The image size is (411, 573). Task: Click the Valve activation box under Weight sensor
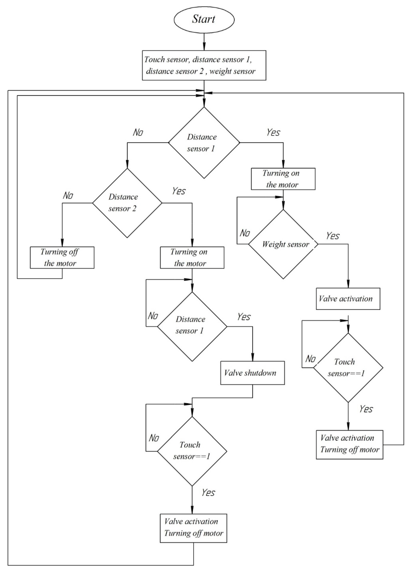[348, 299]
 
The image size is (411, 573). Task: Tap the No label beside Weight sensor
[244, 233]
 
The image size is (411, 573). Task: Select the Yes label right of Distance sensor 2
[179, 191]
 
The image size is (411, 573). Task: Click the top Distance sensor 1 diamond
[204, 143]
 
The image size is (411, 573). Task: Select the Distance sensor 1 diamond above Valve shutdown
[192, 326]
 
